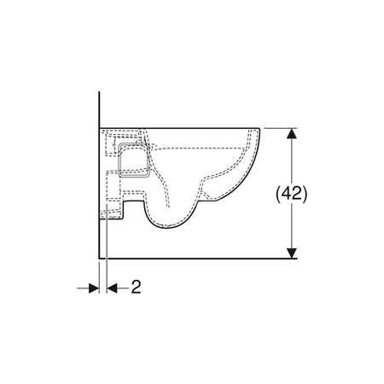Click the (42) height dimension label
[x=292, y=194]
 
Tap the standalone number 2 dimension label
[x=136, y=287]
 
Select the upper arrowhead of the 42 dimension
[x=292, y=134]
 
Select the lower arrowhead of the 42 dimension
[x=292, y=253]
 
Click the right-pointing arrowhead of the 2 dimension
[x=94, y=288]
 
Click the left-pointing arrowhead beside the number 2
[x=112, y=288]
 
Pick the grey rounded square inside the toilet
[x=134, y=160]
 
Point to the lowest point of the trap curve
[x=168, y=228]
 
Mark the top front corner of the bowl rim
[x=259, y=129]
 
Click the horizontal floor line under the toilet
[x=198, y=259]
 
